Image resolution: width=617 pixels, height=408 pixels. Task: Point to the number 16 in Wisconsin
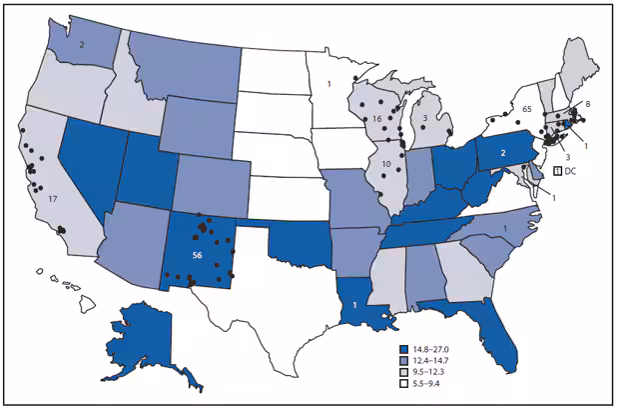click(377, 120)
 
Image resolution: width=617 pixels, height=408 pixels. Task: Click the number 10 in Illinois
click(384, 163)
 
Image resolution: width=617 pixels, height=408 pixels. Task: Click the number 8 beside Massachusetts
click(586, 103)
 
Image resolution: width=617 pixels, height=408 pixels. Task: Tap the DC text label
click(570, 172)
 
